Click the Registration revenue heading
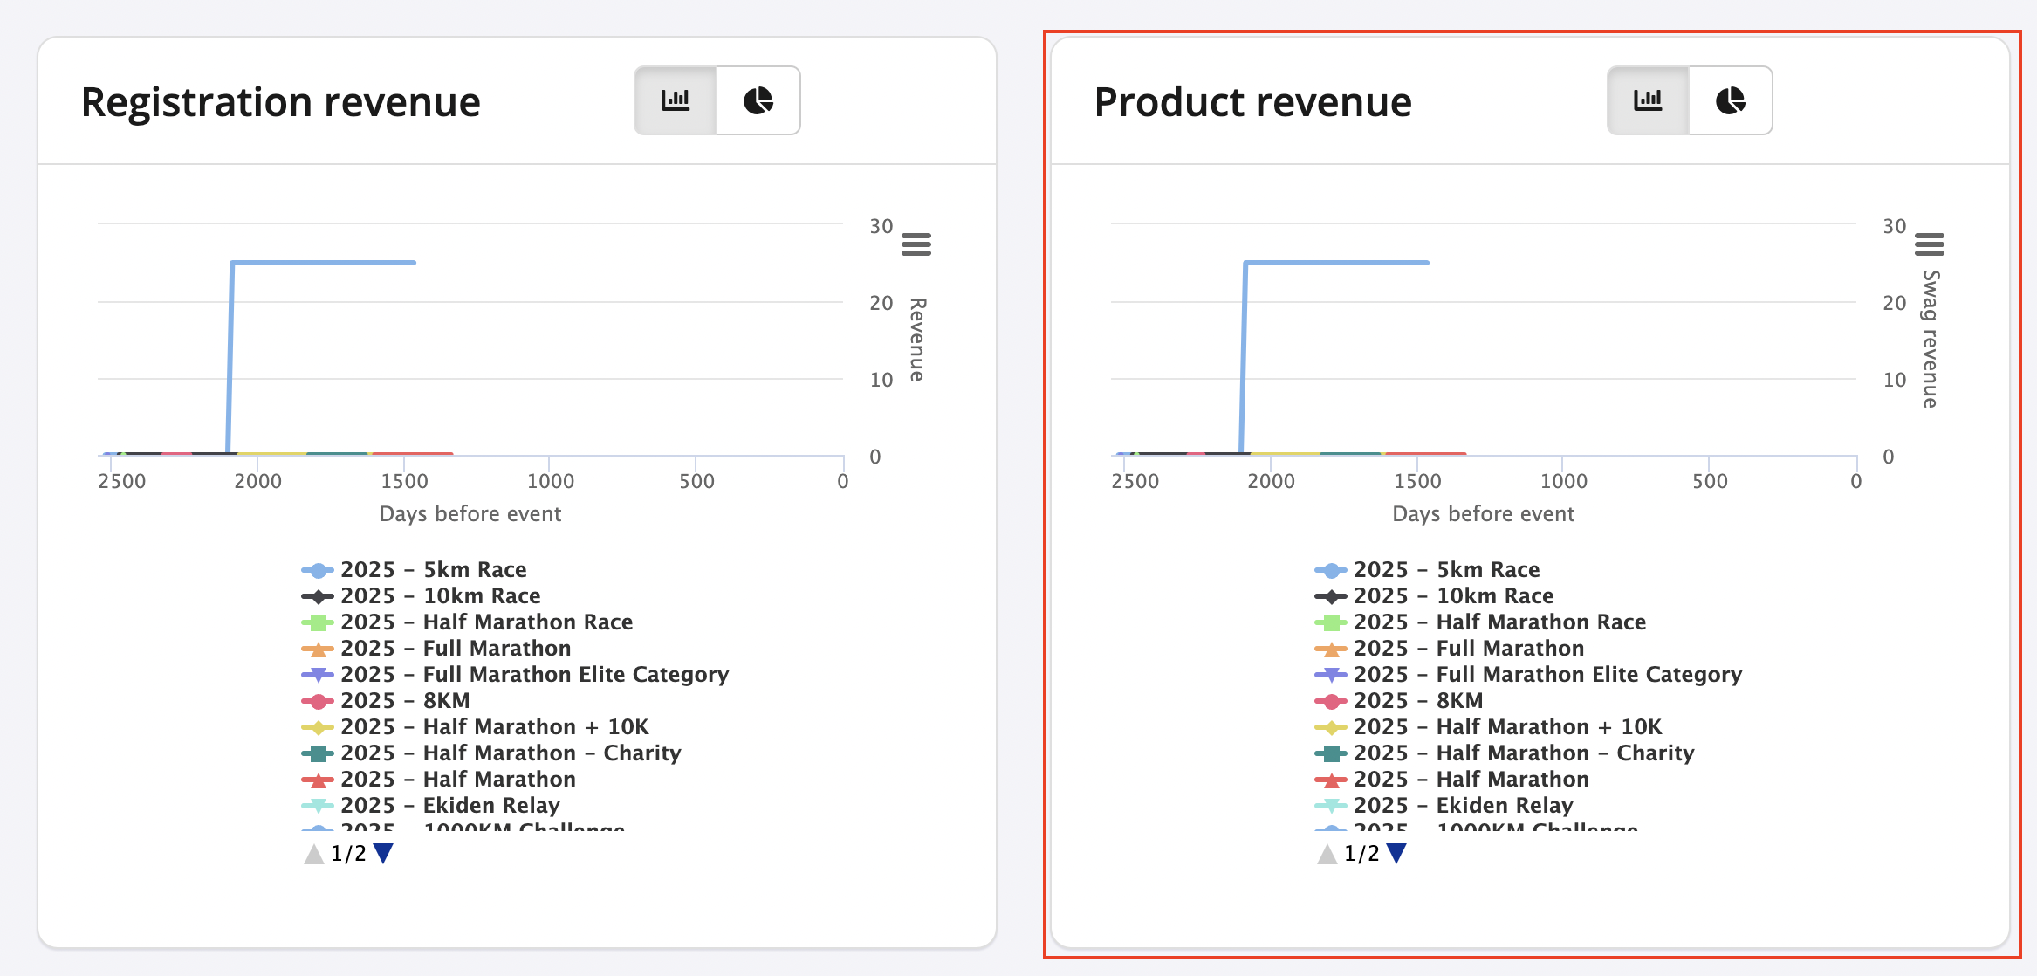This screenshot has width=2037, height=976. click(x=280, y=102)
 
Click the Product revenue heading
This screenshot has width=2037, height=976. click(x=1252, y=102)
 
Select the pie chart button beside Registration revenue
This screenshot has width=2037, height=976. click(x=758, y=100)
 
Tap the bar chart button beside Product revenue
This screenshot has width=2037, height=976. click(x=1648, y=100)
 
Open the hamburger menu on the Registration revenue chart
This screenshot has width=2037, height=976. click(x=916, y=244)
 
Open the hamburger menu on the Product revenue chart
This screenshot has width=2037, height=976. click(x=1929, y=244)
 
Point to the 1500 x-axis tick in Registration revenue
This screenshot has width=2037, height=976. click(x=404, y=481)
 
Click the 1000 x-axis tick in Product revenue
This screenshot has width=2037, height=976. click(x=1563, y=481)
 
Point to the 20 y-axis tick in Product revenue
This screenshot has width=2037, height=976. click(x=1894, y=303)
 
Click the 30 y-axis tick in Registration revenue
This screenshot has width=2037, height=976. click(x=881, y=226)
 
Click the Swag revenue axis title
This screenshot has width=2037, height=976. click(x=1931, y=339)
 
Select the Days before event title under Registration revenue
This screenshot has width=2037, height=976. click(x=470, y=513)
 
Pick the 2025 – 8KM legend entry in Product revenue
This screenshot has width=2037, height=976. click(x=1417, y=700)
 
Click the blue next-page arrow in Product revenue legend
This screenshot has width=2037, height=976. click(x=1396, y=853)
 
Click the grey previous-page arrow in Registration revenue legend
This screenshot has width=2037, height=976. click(x=313, y=853)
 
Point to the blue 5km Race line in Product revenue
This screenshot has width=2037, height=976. click(x=1335, y=262)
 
